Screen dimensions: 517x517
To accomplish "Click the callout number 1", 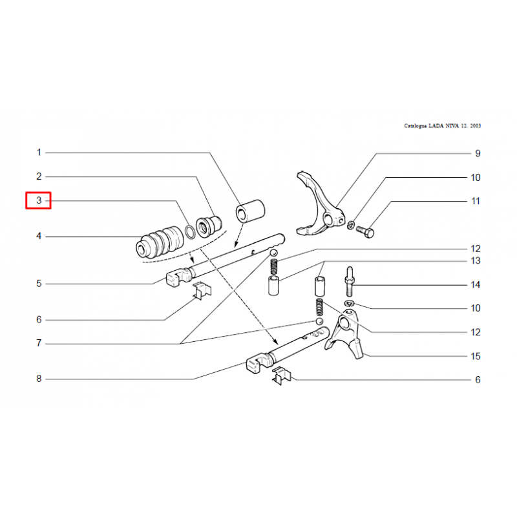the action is (39, 153).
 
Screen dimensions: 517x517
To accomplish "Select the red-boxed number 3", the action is (39, 200).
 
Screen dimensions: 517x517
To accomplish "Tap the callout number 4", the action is (39, 236).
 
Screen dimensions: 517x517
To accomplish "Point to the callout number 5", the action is (39, 284).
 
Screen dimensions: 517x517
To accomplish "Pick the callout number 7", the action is (39, 343).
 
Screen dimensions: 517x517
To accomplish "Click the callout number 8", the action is (39, 379).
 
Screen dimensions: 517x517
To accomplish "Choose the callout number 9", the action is (478, 153).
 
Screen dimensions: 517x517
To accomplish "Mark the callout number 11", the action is (476, 201).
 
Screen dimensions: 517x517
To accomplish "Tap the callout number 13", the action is (476, 261).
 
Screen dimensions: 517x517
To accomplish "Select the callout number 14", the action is (476, 285).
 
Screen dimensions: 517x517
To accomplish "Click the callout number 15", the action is (476, 356).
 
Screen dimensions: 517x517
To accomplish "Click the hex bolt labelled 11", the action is (365, 231).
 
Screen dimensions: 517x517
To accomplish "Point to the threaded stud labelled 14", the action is (350, 282).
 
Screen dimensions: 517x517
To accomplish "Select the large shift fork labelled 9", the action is (321, 204).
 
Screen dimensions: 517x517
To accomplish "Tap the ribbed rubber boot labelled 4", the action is (160, 242).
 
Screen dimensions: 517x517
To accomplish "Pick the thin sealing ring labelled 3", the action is (190, 231).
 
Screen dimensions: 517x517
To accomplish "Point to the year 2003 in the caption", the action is (476, 125).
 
